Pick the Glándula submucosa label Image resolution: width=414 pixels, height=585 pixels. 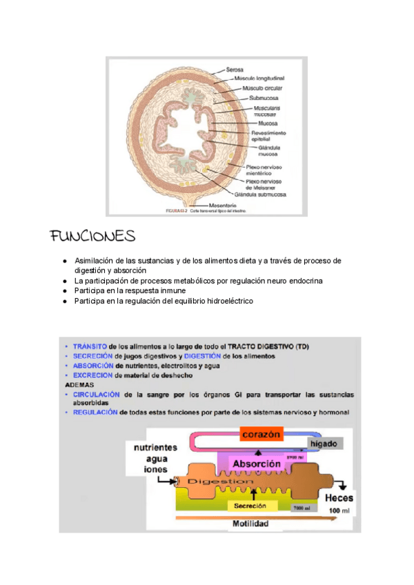click(x=259, y=195)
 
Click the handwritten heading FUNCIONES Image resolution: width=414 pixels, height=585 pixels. click(x=92, y=237)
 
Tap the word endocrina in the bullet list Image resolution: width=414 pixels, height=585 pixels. click(x=303, y=281)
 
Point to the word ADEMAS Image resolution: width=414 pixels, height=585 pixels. click(x=78, y=384)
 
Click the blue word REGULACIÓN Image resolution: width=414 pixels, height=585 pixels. click(x=95, y=413)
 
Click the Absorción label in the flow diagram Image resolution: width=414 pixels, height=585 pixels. click(x=255, y=464)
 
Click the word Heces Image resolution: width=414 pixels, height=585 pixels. click(x=338, y=497)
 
